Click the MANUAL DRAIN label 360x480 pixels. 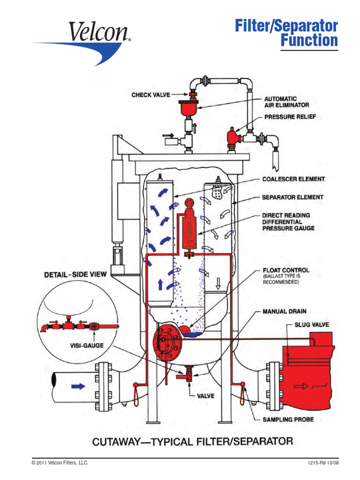tap(285, 311)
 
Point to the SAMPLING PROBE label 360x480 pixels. tap(288, 419)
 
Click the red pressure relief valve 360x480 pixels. tap(232, 137)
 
